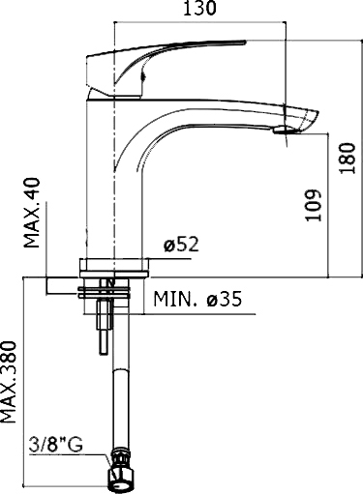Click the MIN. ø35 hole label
click(196, 301)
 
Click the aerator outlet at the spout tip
click(282, 132)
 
